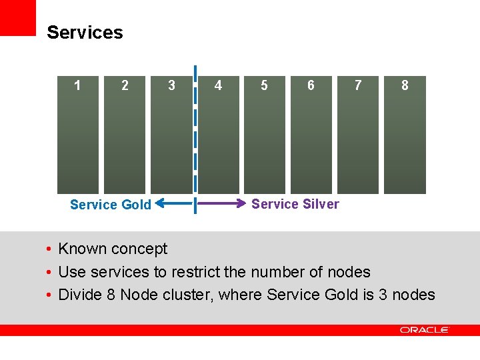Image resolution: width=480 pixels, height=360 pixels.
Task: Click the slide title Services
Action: pyautogui.click(x=85, y=33)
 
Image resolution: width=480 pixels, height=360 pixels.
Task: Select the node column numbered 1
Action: pyautogui.click(x=78, y=133)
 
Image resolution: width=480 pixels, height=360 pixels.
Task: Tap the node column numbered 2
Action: pyautogui.click(x=125, y=133)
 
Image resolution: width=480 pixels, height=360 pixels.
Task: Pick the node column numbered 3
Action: pyautogui.click(x=171, y=133)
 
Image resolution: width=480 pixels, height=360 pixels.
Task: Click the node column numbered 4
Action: pyautogui.click(x=218, y=133)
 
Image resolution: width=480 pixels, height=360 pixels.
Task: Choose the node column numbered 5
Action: pyautogui.click(x=265, y=133)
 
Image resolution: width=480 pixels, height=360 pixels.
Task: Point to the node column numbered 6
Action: pyautogui.click(x=311, y=133)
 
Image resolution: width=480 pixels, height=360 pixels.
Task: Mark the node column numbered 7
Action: pyautogui.click(x=358, y=133)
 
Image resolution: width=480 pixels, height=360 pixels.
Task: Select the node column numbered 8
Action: pyautogui.click(x=405, y=133)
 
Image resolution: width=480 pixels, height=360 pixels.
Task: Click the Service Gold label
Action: pyautogui.click(x=111, y=205)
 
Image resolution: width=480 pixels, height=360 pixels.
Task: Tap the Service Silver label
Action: pyautogui.click(x=295, y=204)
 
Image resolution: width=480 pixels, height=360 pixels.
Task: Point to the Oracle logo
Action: pyautogui.click(x=425, y=330)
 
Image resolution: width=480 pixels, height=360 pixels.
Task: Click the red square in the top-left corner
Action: pyautogui.click(x=17, y=17)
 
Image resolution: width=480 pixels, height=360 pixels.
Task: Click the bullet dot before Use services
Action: pyautogui.click(x=49, y=273)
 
